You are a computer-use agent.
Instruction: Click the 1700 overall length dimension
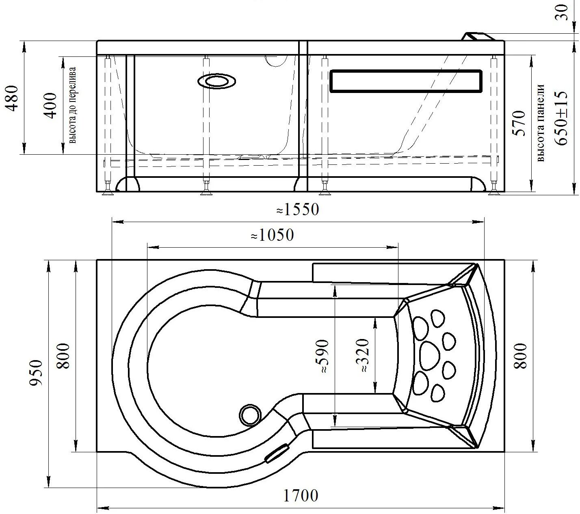[301, 496]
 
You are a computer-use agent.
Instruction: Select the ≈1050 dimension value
[272, 235]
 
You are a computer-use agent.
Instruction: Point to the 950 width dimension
[37, 373]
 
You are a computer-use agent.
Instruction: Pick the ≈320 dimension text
[362, 355]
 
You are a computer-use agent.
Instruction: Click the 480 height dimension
[12, 98]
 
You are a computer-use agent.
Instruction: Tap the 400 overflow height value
[50, 106]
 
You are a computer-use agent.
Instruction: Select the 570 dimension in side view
[519, 123]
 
